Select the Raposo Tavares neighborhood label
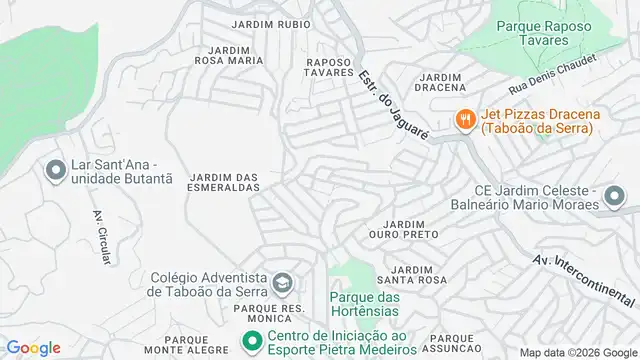(330, 67)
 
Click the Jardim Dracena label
(441, 82)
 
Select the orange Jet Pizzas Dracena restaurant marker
(464, 120)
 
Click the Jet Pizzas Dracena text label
(536, 121)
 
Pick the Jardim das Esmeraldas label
(224, 182)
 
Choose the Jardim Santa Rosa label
(418, 275)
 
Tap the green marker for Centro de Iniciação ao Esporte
(250, 343)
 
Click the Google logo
(33, 347)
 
